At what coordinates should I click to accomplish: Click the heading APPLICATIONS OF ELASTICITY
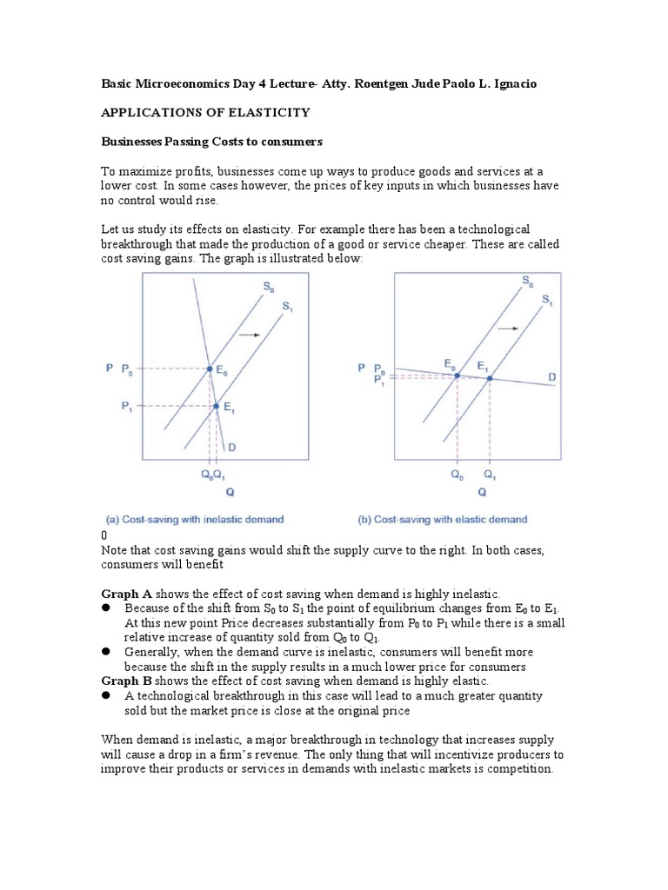(x=206, y=112)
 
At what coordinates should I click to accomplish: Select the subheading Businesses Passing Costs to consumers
(x=211, y=140)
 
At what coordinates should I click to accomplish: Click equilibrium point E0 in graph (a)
(x=209, y=369)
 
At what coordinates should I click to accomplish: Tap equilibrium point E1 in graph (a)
(x=216, y=406)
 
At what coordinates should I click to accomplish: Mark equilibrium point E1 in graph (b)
(x=490, y=377)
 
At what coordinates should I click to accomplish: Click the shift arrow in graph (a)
(x=250, y=334)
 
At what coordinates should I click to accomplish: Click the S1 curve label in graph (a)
(x=287, y=306)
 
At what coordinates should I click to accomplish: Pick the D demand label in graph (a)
(x=231, y=447)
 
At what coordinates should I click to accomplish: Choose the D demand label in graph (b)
(x=551, y=375)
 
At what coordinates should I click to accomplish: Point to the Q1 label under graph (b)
(x=490, y=475)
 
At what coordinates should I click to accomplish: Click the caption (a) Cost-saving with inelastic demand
(x=194, y=520)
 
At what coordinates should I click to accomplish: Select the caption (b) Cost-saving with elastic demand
(x=443, y=520)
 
